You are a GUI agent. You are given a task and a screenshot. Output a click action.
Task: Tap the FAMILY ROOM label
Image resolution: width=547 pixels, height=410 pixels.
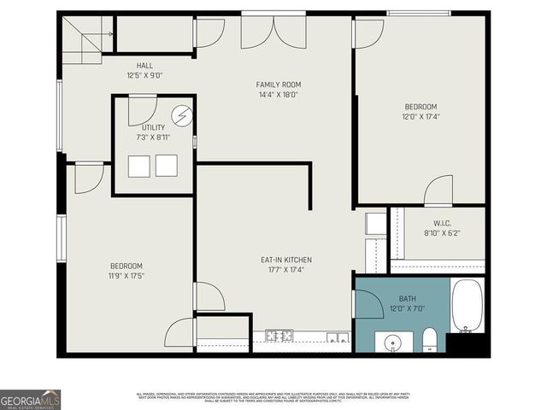(x=279, y=85)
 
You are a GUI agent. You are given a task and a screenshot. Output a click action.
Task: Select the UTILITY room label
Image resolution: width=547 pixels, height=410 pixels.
(x=154, y=127)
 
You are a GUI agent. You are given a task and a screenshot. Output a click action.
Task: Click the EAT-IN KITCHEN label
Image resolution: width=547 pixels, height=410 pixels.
(x=285, y=260)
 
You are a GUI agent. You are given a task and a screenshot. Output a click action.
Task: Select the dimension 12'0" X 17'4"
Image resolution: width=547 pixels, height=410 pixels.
(x=420, y=117)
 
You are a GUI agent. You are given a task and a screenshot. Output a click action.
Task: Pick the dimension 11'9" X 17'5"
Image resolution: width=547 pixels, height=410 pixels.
(x=126, y=276)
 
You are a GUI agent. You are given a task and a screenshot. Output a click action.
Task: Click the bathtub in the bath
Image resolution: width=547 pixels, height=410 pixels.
(x=467, y=306)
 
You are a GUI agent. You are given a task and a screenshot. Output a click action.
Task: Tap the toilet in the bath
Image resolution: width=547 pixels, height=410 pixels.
(x=430, y=339)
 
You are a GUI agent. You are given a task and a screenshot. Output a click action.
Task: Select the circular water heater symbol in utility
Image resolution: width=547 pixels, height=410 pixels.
(x=181, y=115)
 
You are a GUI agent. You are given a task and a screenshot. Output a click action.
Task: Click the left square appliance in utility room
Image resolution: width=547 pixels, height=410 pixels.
(x=139, y=166)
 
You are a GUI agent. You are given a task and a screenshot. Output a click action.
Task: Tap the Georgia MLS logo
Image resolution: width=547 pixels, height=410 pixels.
(x=30, y=399)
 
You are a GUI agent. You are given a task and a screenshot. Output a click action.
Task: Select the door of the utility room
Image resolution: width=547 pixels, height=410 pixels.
(x=142, y=111)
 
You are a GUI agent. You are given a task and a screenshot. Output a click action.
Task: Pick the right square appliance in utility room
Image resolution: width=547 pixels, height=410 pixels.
(x=167, y=166)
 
